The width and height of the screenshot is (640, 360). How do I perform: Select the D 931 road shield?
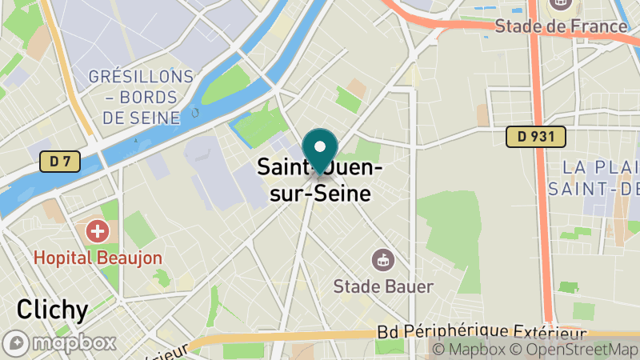pyautogui.click(x=535, y=137)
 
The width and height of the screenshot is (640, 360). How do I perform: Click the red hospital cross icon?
pyautogui.click(x=98, y=232)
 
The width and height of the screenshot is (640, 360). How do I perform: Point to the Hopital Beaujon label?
pyautogui.click(x=98, y=258)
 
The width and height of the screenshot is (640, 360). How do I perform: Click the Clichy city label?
pyautogui.click(x=52, y=310)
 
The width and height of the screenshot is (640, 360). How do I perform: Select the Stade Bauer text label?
pyautogui.click(x=383, y=286)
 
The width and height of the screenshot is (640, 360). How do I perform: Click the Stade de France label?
pyautogui.click(x=561, y=26)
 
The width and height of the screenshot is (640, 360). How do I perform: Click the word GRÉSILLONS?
pyautogui.click(x=142, y=78)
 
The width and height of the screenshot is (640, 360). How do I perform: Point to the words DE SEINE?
pyautogui.click(x=142, y=118)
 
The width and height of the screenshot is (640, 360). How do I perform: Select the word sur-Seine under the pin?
pyautogui.click(x=320, y=194)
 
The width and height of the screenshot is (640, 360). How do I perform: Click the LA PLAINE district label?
pyautogui.click(x=600, y=167)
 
